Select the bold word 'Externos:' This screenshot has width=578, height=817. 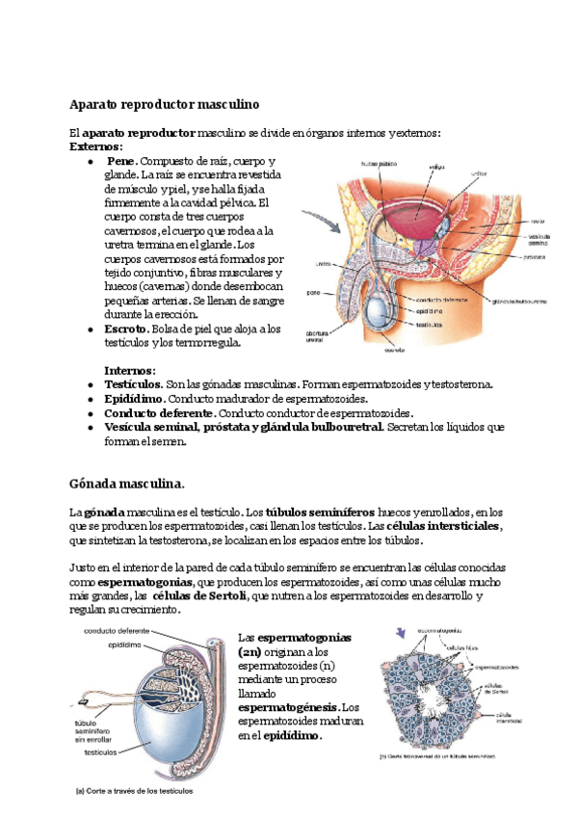click(x=96, y=146)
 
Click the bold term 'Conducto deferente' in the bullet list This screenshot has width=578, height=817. click(x=159, y=411)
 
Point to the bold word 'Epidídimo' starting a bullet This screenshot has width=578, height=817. click(x=134, y=398)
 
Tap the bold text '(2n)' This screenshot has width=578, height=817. click(x=249, y=652)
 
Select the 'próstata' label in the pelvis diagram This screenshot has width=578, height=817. click(x=537, y=257)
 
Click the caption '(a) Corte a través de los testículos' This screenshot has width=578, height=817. click(x=135, y=793)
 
